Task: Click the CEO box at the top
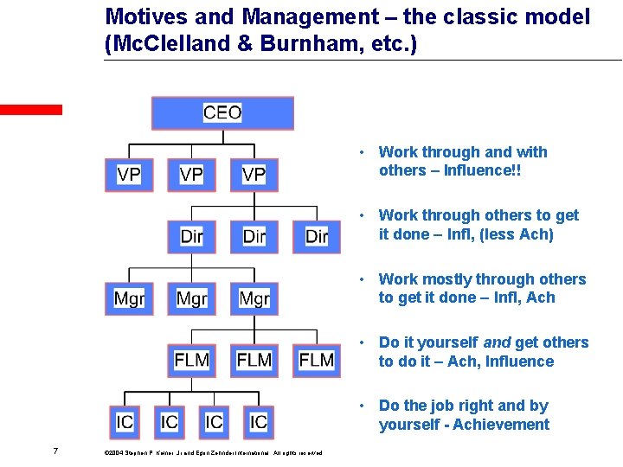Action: (222, 112)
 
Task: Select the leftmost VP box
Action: (128, 174)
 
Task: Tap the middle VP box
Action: (191, 174)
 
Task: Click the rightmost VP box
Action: (254, 174)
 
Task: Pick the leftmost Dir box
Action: (191, 235)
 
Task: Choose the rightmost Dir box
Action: (317, 235)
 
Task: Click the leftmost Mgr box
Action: (128, 298)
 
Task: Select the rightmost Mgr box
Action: (254, 298)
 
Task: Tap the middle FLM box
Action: (254, 359)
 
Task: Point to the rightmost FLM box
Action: (317, 359)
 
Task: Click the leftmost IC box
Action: (125, 421)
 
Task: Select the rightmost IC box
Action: (258, 421)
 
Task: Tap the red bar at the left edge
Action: (31, 110)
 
